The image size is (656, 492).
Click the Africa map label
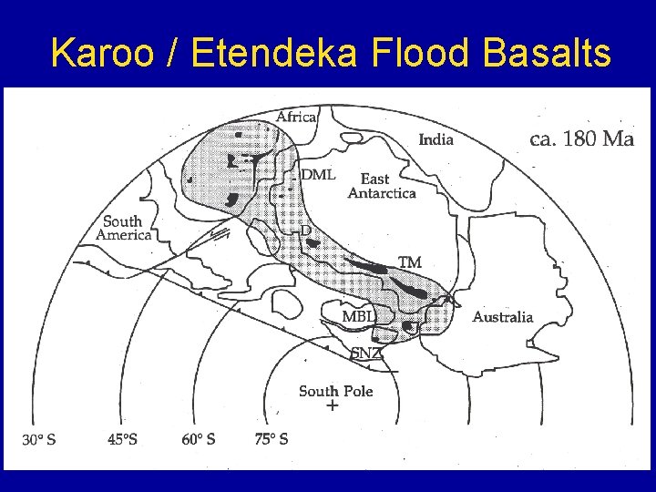click(296, 117)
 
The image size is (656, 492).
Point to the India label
click(435, 140)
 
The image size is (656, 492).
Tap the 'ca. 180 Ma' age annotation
click(581, 140)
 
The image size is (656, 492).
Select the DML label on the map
click(318, 174)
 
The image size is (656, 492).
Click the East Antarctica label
click(382, 186)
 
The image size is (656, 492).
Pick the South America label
click(123, 228)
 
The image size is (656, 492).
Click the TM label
click(410, 262)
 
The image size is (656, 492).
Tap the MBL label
click(357, 316)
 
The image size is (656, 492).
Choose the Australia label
click(502, 317)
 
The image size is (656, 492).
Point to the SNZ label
click(366, 354)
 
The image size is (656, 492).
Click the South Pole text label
click(335, 391)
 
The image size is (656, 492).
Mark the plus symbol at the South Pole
click(332, 405)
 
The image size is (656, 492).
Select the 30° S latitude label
click(39, 439)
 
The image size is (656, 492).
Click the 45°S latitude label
click(123, 439)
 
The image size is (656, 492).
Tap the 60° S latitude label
click(199, 439)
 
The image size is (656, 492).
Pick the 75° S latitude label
click(272, 439)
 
